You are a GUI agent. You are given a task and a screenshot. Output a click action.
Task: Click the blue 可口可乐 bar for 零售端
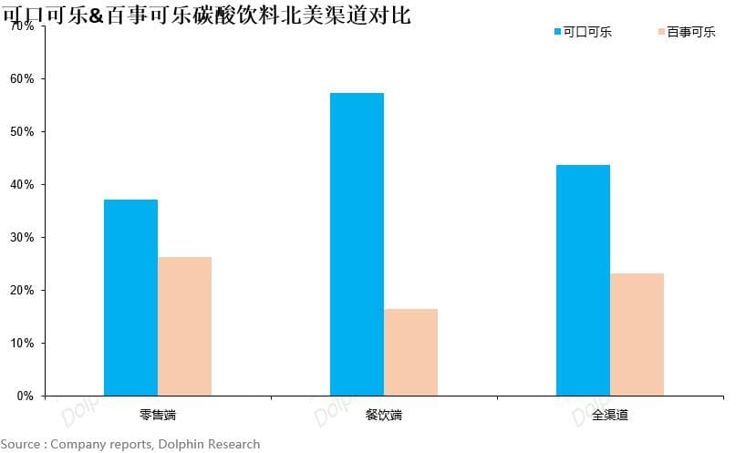[x=130, y=297]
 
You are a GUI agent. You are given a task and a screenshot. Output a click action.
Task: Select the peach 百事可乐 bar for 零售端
[x=184, y=326]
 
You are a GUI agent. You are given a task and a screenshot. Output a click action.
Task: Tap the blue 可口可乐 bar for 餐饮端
[x=357, y=244]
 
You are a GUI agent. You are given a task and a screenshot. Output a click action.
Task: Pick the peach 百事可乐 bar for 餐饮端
[x=410, y=352]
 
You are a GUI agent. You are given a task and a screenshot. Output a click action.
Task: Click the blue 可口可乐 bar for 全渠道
[x=583, y=280]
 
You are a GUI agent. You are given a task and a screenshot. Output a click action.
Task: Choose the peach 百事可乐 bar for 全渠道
[x=637, y=335]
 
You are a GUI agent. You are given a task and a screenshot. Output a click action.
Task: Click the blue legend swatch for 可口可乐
[x=557, y=32]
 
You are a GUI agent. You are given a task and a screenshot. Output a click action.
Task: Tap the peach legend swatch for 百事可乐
[x=660, y=32]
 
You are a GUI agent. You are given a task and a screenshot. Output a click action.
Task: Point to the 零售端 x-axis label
[x=158, y=416]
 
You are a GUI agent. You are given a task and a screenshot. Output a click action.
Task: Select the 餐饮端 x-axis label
[x=383, y=416]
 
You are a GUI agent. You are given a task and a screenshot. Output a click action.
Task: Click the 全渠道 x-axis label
[x=609, y=416]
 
